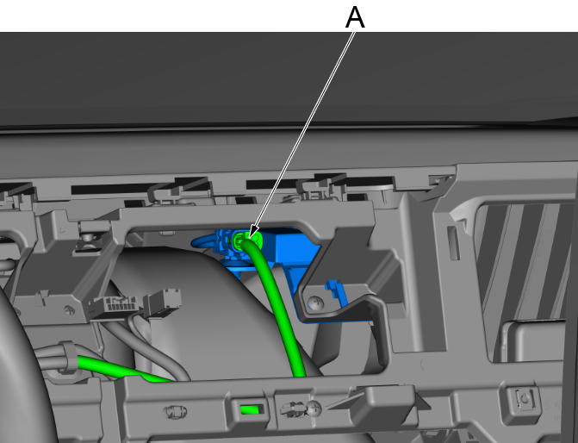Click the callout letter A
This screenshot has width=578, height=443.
pos(355,17)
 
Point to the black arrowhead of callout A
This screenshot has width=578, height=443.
pos(253,232)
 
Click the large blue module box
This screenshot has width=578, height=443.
pos(291,251)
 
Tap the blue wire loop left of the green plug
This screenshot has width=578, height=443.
pos(202,241)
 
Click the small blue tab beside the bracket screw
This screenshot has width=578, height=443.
pos(336,291)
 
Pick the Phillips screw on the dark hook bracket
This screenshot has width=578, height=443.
pos(316,303)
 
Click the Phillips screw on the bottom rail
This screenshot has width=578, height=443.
pos(314,408)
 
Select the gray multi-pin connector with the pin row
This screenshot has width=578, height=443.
pos(115,305)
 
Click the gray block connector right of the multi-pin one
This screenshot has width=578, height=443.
pos(165,302)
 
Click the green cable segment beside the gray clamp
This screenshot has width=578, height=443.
pos(121,369)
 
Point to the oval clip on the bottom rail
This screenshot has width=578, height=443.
pos(176,412)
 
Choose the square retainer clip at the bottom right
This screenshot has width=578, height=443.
pos(525,398)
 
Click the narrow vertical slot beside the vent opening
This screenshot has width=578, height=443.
pos(453,243)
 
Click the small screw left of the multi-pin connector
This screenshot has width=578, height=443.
pos(70,309)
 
